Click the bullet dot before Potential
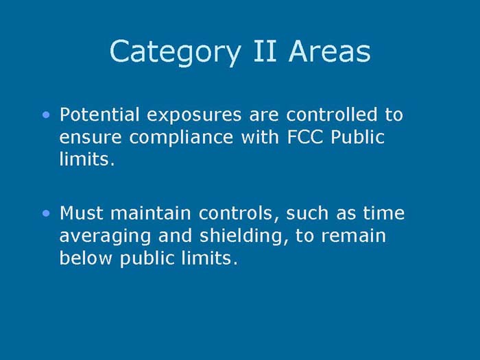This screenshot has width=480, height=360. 46,115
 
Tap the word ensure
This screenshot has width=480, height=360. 90,137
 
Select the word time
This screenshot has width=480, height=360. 385,213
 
